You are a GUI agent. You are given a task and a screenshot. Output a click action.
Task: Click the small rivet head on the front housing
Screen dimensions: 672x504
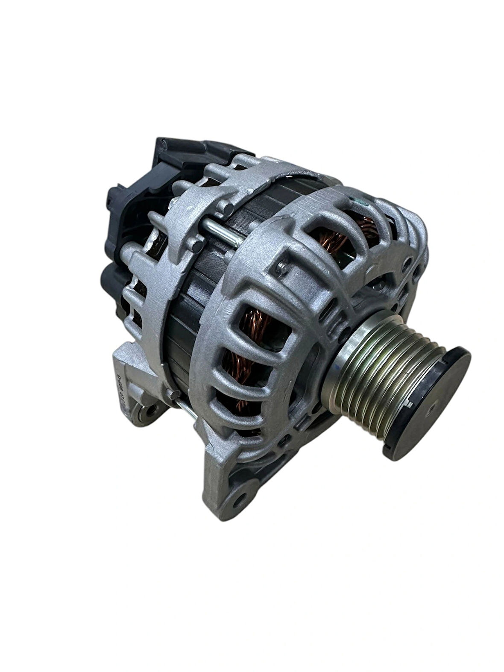[281, 267]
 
